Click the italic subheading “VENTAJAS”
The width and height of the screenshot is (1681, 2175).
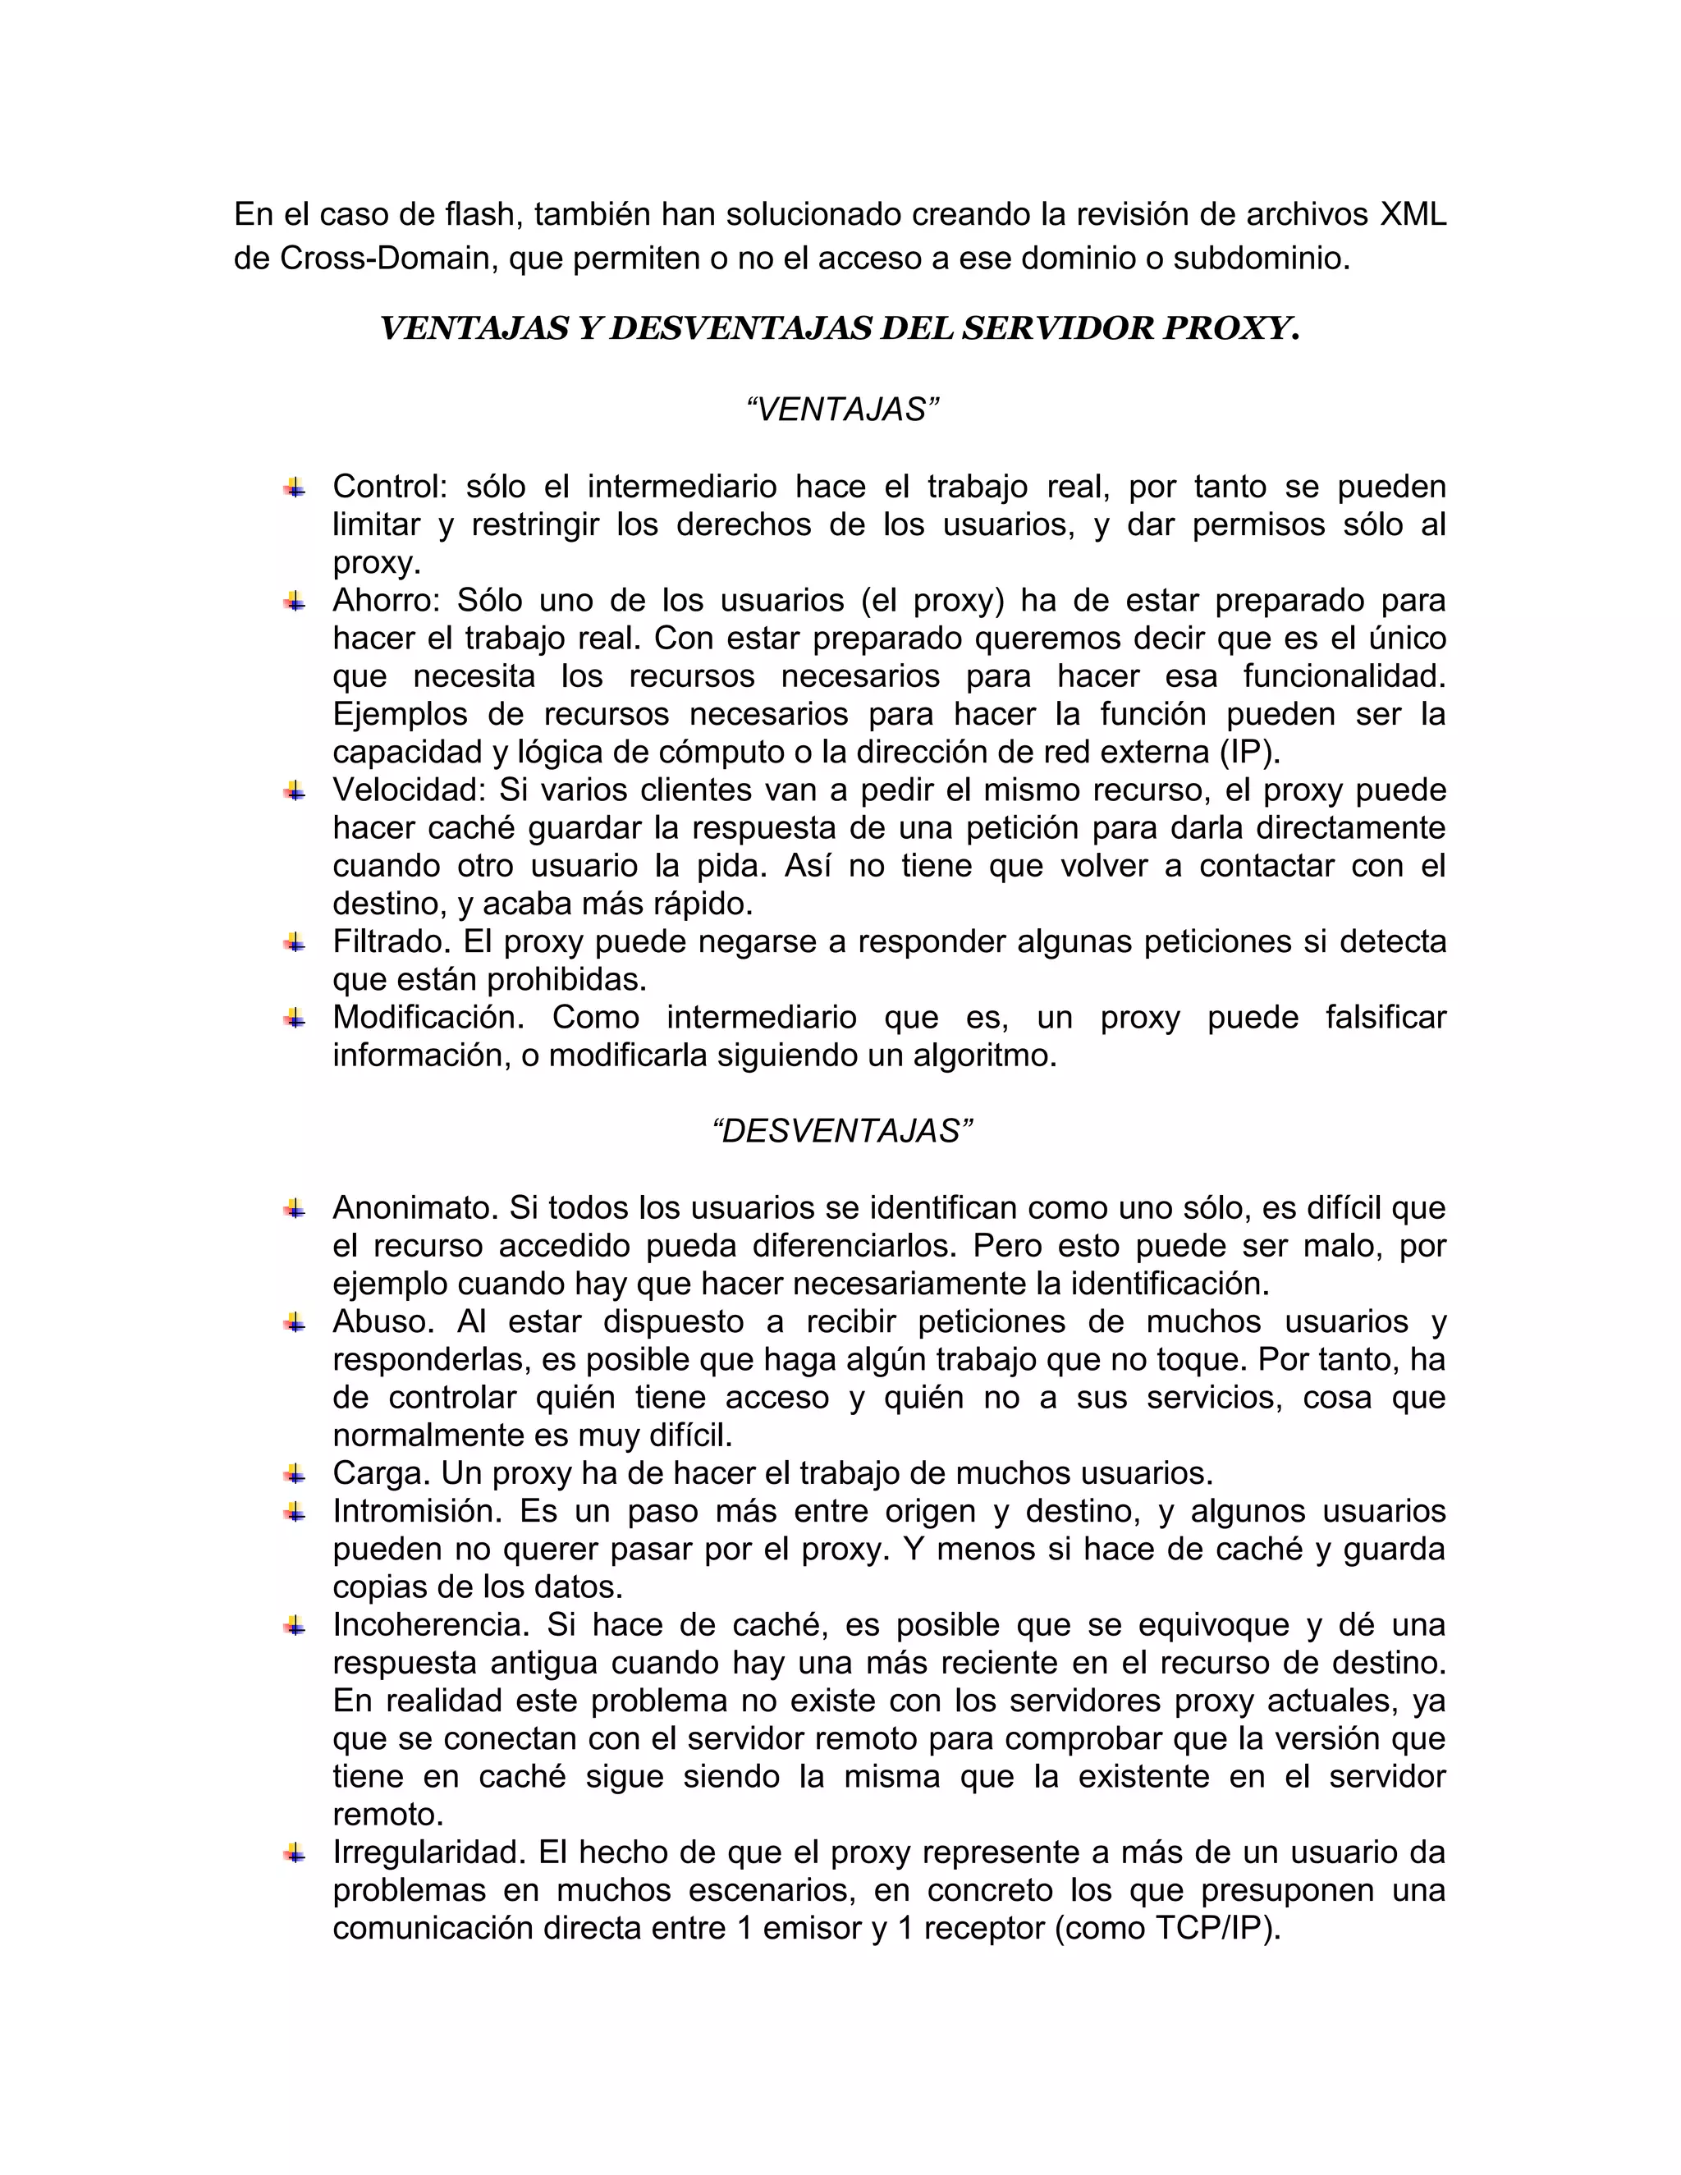tap(842, 410)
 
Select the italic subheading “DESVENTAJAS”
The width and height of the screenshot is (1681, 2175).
tap(842, 1131)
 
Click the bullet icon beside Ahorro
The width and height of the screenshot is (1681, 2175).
tap(294, 601)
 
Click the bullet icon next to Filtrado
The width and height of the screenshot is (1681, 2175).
tap(294, 941)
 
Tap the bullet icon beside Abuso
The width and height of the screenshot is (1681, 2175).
tap(294, 1321)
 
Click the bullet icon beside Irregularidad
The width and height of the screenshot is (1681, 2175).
tap(294, 1852)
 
